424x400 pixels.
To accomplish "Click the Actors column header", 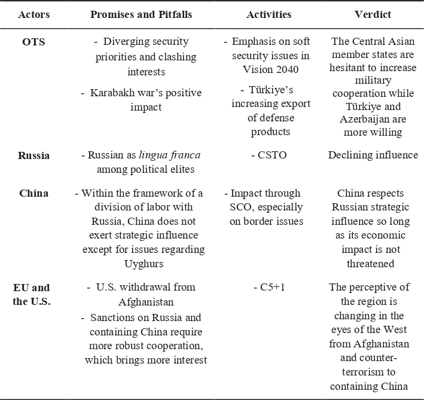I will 33,14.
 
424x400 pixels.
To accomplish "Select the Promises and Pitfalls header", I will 141,14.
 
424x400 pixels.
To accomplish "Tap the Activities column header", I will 269,14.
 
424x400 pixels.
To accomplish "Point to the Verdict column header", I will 373,14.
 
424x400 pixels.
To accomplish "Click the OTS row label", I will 33,42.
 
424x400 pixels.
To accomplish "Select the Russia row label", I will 33,155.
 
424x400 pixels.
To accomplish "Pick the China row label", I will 33,193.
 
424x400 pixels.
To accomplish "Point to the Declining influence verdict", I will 373,155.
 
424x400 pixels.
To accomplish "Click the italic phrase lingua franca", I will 170,155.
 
